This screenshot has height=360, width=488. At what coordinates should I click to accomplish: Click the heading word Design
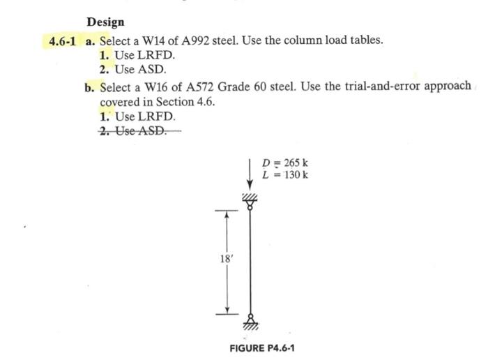coord(105,22)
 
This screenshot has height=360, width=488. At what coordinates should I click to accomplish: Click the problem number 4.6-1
coord(64,40)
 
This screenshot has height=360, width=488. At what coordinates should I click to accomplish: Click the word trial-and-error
coord(383,87)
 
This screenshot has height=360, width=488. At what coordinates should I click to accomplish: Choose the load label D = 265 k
coord(284,164)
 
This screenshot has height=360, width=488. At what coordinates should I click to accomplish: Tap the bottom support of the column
coord(250,322)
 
